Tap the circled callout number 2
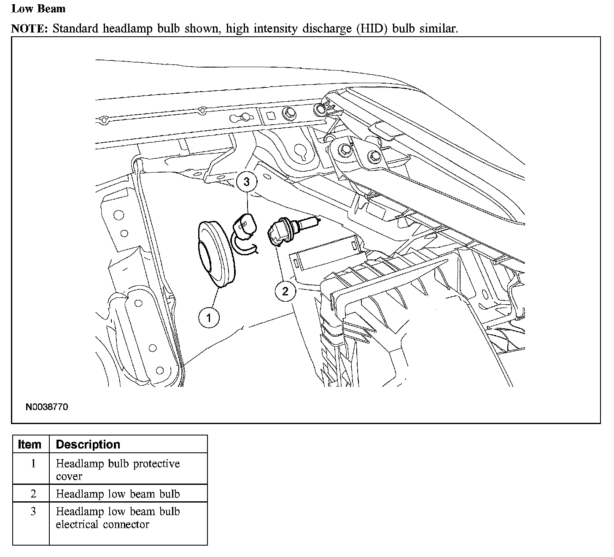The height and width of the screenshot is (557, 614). (x=285, y=291)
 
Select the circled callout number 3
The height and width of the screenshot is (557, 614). (x=247, y=182)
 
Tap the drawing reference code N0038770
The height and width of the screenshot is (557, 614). (x=47, y=407)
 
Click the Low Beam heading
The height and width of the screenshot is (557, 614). (x=38, y=8)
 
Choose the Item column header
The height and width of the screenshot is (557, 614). (x=30, y=444)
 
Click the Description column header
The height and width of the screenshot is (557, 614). (x=88, y=444)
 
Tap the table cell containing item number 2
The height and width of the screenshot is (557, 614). (x=33, y=494)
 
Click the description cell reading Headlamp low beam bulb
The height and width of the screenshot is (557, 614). (x=118, y=494)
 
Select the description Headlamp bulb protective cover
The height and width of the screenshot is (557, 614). (x=118, y=470)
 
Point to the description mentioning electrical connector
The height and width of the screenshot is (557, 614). (x=118, y=518)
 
